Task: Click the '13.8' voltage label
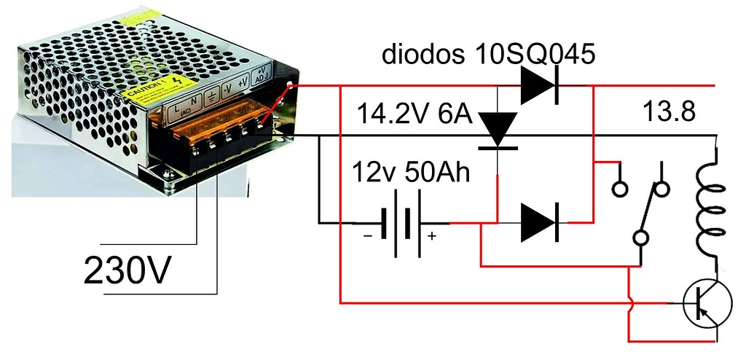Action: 670,113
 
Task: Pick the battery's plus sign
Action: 431,236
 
